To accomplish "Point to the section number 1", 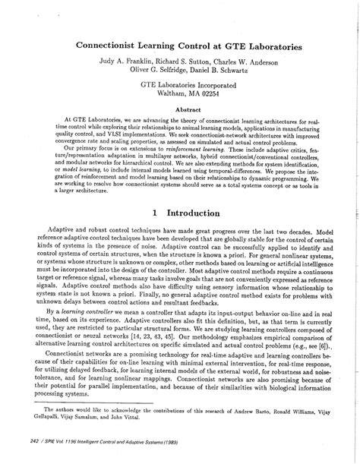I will point(155,213).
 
